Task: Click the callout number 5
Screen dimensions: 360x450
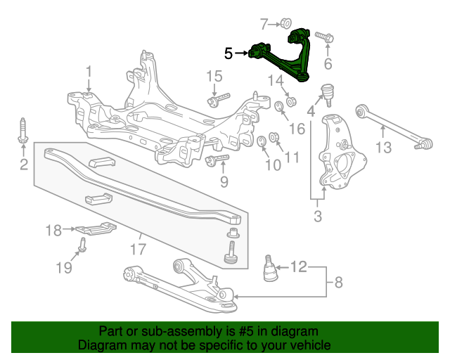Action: (228, 53)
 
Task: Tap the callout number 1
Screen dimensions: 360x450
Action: (89, 71)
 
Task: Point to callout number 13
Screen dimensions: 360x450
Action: (382, 147)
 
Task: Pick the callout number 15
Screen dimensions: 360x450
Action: (214, 77)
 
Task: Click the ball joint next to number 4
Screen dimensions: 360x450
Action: (326, 92)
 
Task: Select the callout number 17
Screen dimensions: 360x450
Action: (138, 248)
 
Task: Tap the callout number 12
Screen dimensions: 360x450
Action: (299, 266)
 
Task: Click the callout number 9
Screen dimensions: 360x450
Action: (224, 182)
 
